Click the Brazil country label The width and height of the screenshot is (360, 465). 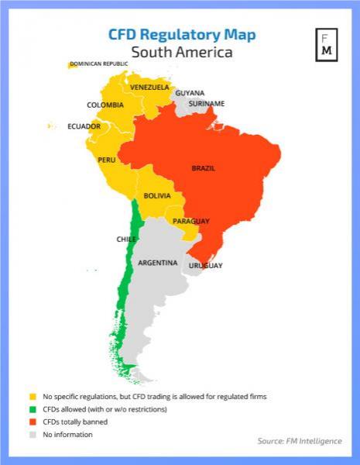(204, 168)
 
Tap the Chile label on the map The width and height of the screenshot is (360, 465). (126, 239)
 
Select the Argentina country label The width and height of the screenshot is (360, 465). (158, 263)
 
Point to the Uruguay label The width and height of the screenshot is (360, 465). (206, 266)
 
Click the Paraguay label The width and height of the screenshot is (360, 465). (190, 222)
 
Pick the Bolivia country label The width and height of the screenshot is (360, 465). (156, 196)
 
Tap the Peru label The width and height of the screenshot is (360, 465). (107, 160)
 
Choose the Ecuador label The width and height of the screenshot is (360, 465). (84, 126)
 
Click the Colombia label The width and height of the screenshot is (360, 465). (105, 105)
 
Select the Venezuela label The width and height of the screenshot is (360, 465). (149, 87)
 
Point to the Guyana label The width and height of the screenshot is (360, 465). (190, 93)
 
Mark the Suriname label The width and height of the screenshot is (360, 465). (206, 103)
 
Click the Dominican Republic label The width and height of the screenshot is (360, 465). (98, 64)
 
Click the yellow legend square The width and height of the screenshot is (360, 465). (33, 396)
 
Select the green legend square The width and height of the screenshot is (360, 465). (33, 409)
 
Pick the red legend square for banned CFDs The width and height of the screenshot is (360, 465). (33, 422)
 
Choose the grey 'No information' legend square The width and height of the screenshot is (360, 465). (33, 435)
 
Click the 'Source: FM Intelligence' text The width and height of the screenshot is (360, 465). (298, 441)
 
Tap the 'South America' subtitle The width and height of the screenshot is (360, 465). (181, 53)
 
